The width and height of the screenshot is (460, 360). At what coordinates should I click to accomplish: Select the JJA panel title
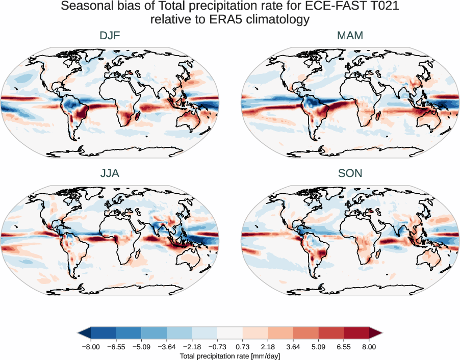110,173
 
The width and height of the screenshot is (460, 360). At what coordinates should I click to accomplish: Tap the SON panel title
350,173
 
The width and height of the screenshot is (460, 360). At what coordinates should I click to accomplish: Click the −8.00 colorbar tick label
90,346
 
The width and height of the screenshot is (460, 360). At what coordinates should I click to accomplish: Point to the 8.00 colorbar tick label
369,346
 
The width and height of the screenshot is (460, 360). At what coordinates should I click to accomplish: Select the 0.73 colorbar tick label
242,346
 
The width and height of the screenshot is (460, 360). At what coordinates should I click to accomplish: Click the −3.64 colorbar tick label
166,346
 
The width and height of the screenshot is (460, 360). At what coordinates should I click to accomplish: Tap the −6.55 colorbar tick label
115,346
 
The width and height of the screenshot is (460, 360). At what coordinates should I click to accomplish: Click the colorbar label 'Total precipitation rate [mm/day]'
229,356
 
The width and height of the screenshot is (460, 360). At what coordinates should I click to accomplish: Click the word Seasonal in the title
84,7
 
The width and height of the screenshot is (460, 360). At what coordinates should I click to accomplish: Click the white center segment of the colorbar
229,332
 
